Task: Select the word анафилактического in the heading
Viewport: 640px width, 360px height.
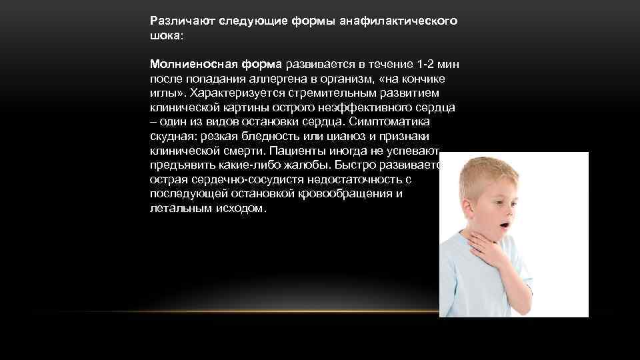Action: pos(399,21)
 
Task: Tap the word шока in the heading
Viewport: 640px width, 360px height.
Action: pos(163,35)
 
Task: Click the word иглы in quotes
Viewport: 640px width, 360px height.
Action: pos(163,93)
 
